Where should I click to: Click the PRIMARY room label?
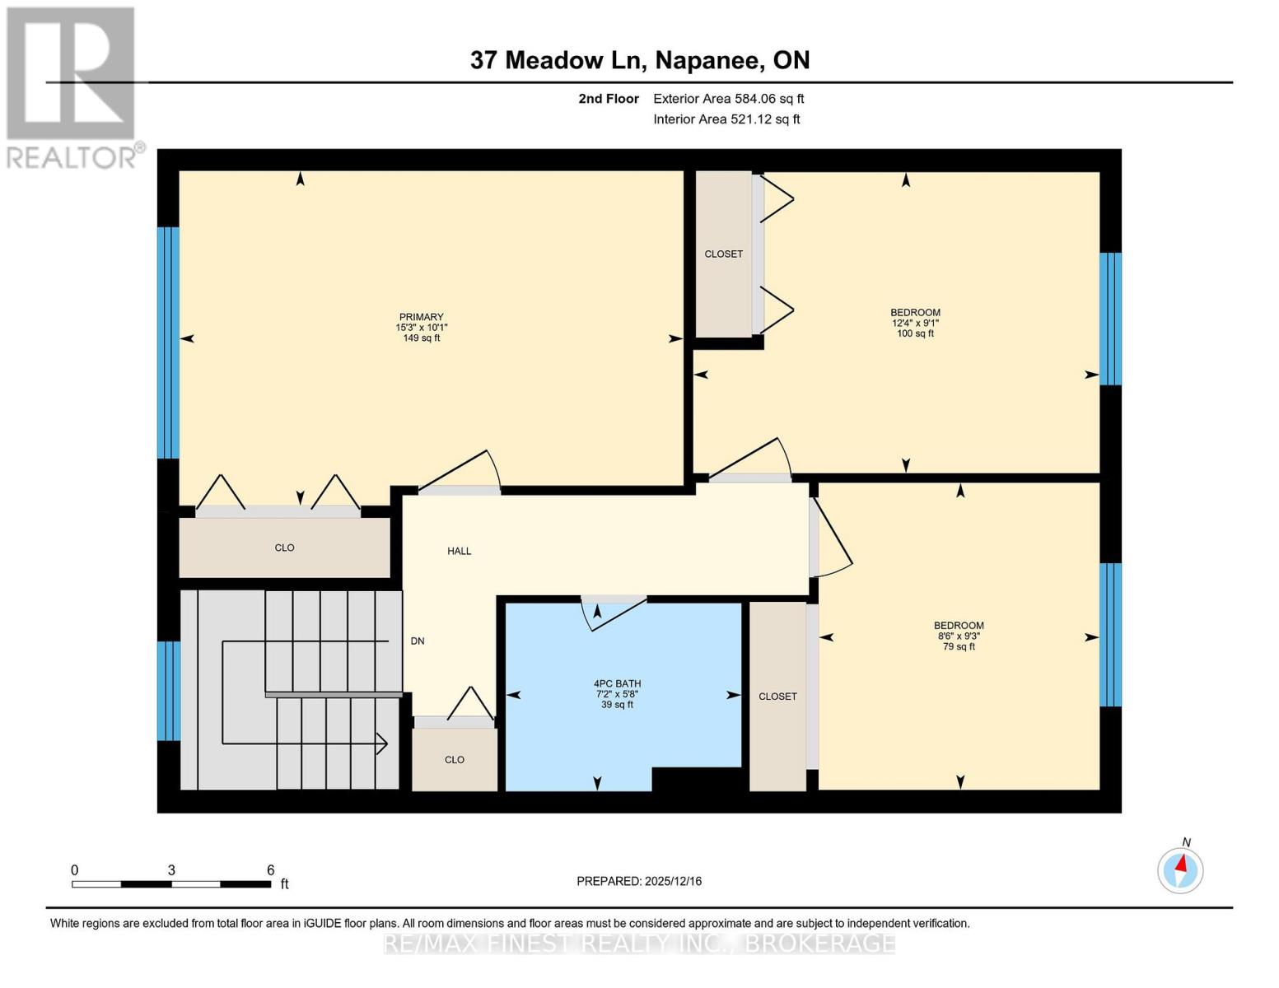pyautogui.click(x=421, y=317)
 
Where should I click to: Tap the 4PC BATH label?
pyautogui.click(x=617, y=683)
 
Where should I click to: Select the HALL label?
pyautogui.click(x=459, y=551)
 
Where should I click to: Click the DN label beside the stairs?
pyautogui.click(x=418, y=641)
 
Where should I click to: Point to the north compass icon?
pyautogui.click(x=1180, y=869)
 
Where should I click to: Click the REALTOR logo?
pyautogui.click(x=72, y=86)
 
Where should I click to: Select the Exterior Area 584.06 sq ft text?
pyautogui.click(x=728, y=99)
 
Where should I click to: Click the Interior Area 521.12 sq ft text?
pyautogui.click(x=726, y=119)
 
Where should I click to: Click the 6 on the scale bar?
pyautogui.click(x=270, y=869)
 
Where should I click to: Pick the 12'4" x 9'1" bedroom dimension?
pyautogui.click(x=915, y=323)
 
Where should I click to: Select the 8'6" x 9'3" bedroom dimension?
pyautogui.click(x=959, y=636)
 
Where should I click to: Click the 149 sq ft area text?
pyautogui.click(x=421, y=338)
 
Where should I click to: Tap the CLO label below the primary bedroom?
pyautogui.click(x=284, y=548)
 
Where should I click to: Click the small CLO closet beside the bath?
pyautogui.click(x=455, y=759)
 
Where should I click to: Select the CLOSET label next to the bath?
pyautogui.click(x=777, y=697)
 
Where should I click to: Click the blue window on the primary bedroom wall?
pyautogui.click(x=168, y=342)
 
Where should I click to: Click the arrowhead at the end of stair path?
pyautogui.click(x=382, y=743)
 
